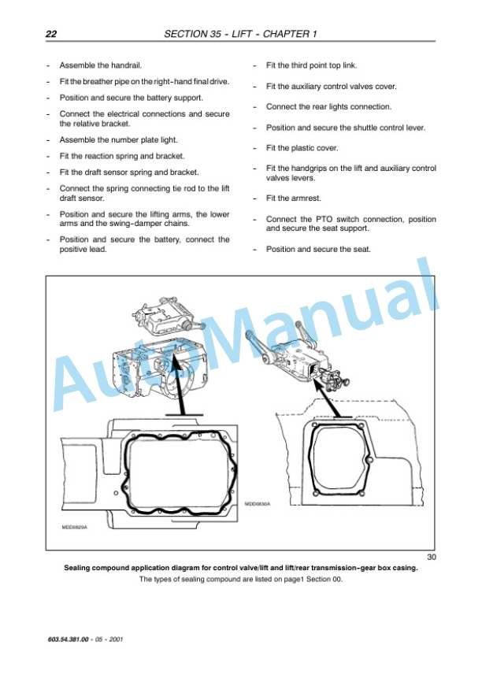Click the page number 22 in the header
point(51,34)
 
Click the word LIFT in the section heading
point(242,34)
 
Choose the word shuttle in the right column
point(366,128)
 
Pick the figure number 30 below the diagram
point(431,557)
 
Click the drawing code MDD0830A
point(258,504)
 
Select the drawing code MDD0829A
point(74,527)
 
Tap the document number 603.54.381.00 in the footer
point(68,639)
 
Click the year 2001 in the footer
point(116,639)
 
